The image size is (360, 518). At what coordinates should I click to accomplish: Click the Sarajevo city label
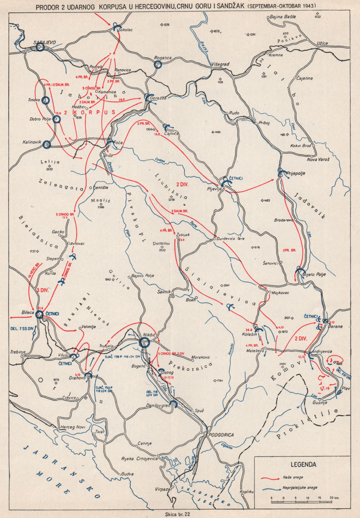tap(45, 42)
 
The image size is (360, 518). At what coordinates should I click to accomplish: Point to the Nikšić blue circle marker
tap(144, 342)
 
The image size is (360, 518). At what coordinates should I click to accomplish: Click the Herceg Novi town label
tap(73, 427)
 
